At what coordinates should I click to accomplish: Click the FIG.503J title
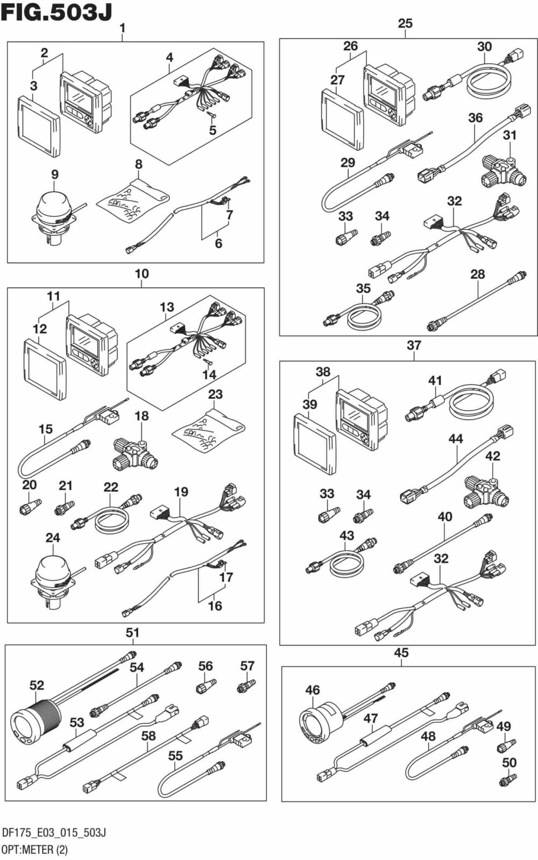coord(56,12)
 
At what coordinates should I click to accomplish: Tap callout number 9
coord(55,174)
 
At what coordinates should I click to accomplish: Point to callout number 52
coord(37,685)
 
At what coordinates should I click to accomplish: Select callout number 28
coord(478,274)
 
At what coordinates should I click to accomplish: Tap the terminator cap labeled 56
coord(205,687)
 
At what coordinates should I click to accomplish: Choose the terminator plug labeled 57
coord(246,686)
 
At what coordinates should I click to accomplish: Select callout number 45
coord(401,653)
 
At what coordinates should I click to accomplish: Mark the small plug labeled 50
coord(508,779)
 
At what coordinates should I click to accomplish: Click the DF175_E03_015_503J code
coord(54,833)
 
